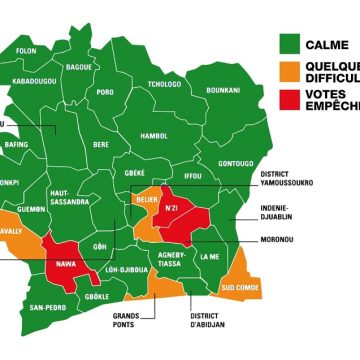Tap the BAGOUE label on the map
coord(79,68)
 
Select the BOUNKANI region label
coord(224,90)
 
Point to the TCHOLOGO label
coord(165,84)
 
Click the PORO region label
coord(105,92)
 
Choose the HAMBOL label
coord(154,136)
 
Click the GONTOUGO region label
coord(236,162)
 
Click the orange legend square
coord(290,71)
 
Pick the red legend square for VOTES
coord(290,100)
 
